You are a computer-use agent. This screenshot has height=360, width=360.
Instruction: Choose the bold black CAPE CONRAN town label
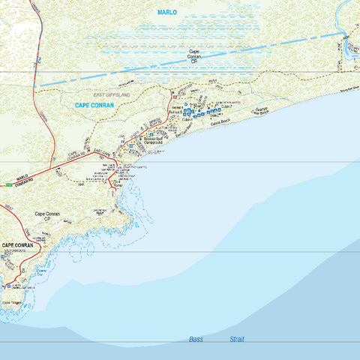click(19, 245)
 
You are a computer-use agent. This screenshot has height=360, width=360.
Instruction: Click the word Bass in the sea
click(196, 340)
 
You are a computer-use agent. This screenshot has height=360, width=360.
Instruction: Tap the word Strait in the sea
click(236, 340)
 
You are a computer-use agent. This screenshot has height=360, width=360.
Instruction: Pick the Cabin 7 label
click(228, 106)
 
